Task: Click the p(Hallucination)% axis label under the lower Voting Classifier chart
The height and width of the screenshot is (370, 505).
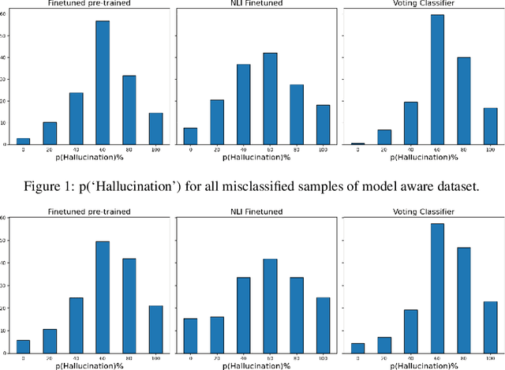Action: click(x=419, y=364)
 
